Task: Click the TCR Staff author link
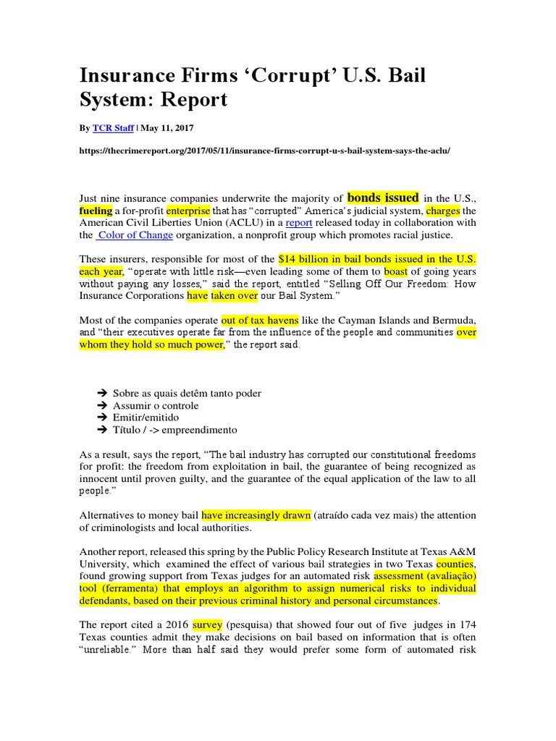[112, 128]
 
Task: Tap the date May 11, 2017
[168, 128]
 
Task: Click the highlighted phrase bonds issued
[383, 197]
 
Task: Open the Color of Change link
[135, 235]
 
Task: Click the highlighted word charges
[443, 211]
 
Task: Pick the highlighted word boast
[395, 271]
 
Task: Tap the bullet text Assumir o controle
[156, 405]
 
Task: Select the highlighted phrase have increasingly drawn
[256, 515]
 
